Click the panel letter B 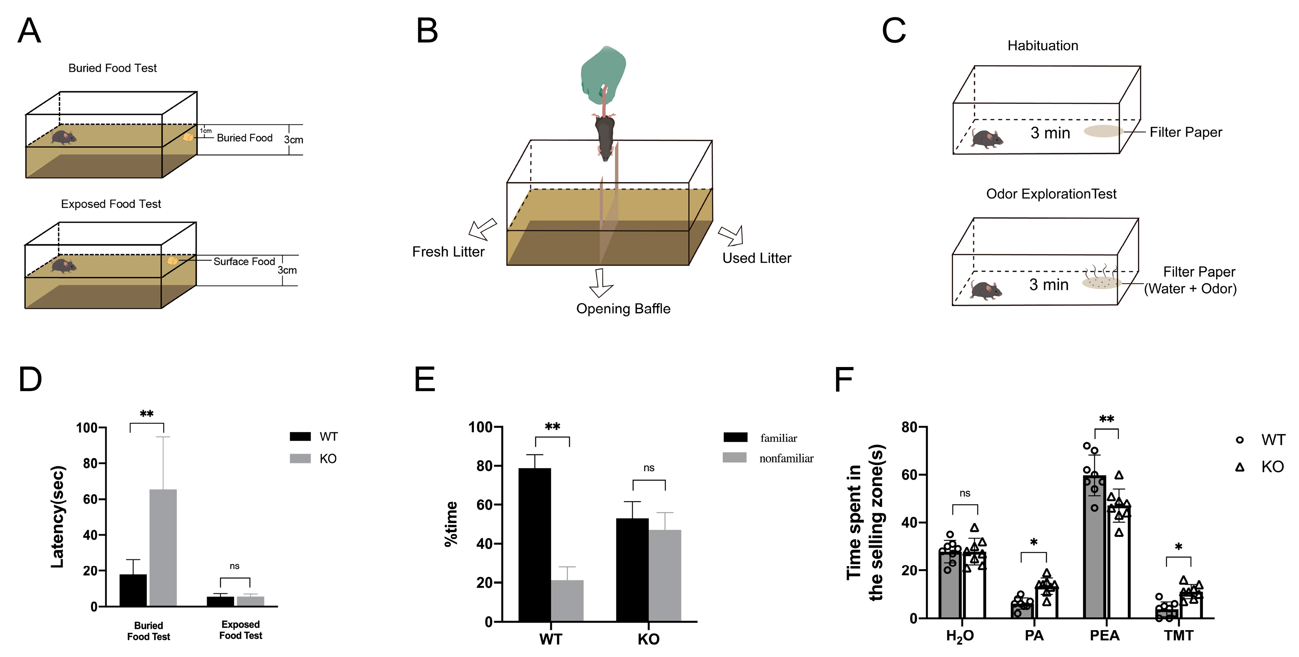pyautogui.click(x=427, y=31)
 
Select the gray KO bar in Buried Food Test pyautogui.click(x=163, y=547)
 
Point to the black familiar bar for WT pyautogui.click(x=534, y=544)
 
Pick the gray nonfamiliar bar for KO pyautogui.click(x=665, y=575)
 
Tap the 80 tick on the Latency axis pyautogui.click(x=91, y=463)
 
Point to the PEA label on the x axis pyautogui.click(x=1105, y=635)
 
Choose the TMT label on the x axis pyautogui.click(x=1178, y=635)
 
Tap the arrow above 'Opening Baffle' pyautogui.click(x=600, y=283)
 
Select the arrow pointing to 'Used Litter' pyautogui.click(x=732, y=235)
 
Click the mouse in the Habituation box pyautogui.click(x=987, y=139)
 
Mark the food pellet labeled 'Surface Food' pyautogui.click(x=172, y=260)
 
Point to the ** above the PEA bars pyautogui.click(x=1106, y=419)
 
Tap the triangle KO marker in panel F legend pyautogui.click(x=1239, y=467)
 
